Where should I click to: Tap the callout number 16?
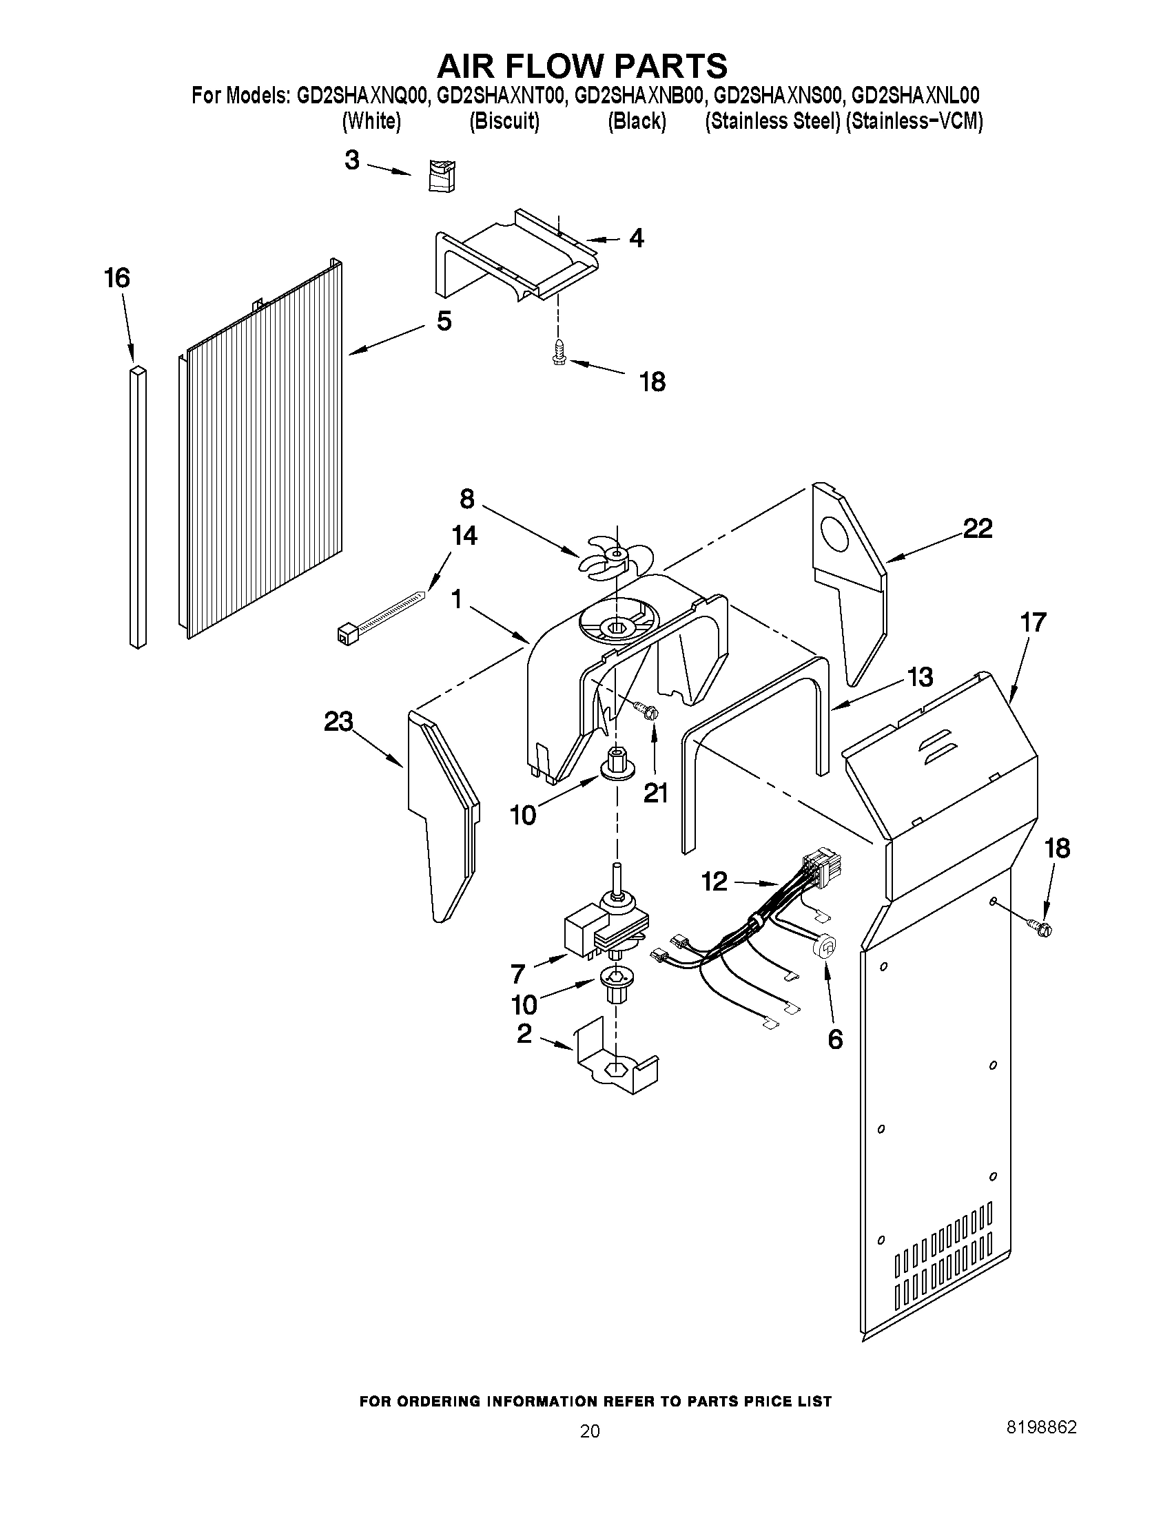[x=116, y=278]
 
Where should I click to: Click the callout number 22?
[x=977, y=529]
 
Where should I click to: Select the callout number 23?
[x=338, y=722]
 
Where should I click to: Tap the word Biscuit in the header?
[x=504, y=121]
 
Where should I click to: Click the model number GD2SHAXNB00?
[x=639, y=95]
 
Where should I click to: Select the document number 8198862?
[x=1042, y=1426]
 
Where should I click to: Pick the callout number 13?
[x=920, y=677]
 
